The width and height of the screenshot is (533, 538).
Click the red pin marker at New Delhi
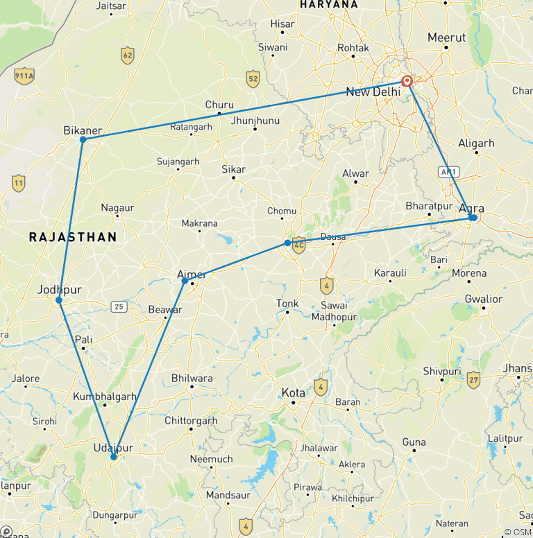(x=407, y=81)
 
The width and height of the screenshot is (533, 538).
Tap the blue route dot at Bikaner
(x=83, y=139)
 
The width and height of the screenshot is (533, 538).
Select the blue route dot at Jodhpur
(x=59, y=300)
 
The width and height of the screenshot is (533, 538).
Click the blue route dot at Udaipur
(x=113, y=456)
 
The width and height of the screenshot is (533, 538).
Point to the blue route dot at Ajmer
(x=185, y=281)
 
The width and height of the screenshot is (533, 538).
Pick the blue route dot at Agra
(x=473, y=218)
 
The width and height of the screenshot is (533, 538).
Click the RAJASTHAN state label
(x=73, y=237)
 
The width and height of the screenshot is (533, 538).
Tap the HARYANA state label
(x=329, y=5)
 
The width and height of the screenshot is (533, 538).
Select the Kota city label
(x=293, y=392)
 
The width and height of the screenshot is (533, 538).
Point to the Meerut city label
(x=447, y=37)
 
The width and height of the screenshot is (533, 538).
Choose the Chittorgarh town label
(x=191, y=421)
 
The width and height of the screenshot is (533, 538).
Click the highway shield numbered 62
(x=127, y=56)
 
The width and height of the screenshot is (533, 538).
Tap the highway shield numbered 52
(x=253, y=78)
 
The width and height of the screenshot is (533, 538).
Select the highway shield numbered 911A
(x=24, y=76)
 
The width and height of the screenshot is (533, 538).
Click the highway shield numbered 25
(x=120, y=306)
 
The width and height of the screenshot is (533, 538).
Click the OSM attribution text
(x=518, y=532)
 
